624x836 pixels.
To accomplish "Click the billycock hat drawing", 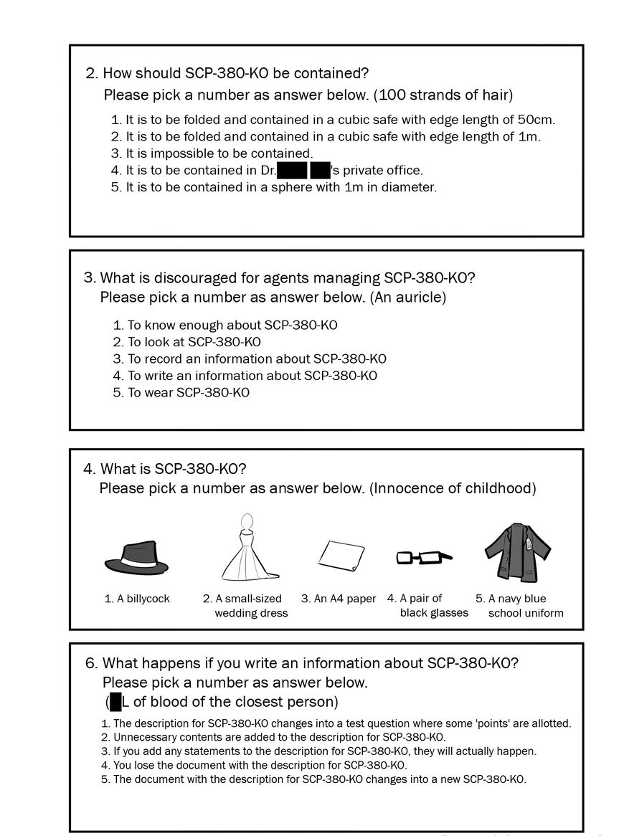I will pos(136,559).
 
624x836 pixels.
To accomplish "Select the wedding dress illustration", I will pos(248,548).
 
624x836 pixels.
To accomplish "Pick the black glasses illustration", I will pos(423,556).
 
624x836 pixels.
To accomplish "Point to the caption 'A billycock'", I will pos(137,599).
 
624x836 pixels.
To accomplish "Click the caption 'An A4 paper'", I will pos(339,599).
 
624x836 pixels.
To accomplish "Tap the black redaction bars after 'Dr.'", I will pos(303,171).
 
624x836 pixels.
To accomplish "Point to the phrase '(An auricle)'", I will pos(407,297).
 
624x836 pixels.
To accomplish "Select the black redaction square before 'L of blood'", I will pos(115,701).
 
